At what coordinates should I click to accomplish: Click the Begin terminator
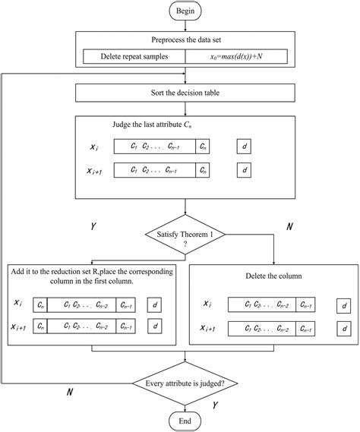pos(185,11)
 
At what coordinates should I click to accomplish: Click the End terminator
pos(185,420)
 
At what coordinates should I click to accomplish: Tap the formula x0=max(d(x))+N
pos(237,56)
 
